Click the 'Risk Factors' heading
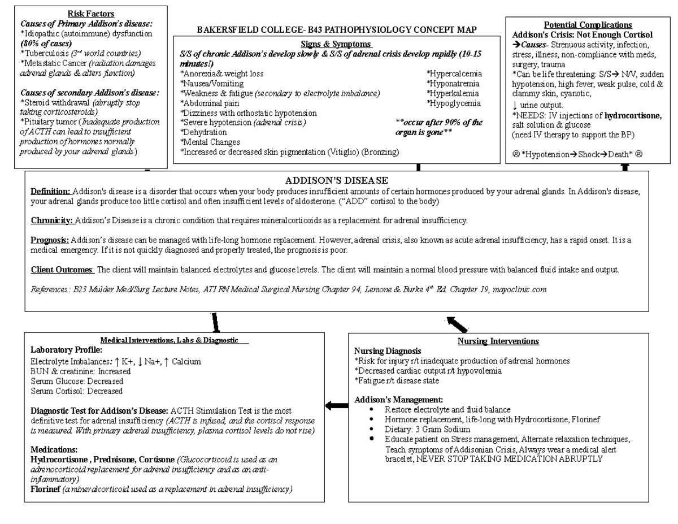coord(90,14)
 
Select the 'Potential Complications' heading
coord(588,25)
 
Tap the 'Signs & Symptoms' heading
coord(336,44)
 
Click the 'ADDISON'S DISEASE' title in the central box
coord(336,180)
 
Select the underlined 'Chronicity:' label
coord(52,220)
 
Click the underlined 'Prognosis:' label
coord(50,240)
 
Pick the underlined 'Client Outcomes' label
coord(62,270)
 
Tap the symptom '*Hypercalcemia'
coord(454,74)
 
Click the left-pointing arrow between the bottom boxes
coord(337,405)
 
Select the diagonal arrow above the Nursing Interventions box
coord(457,324)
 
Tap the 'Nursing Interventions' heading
coord(498,341)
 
